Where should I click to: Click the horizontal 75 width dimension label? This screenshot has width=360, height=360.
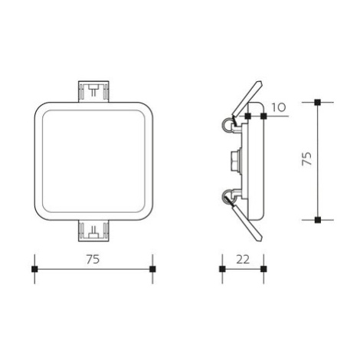click(93, 260)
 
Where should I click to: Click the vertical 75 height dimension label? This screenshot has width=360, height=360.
click(307, 159)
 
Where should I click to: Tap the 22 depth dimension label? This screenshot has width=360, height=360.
click(243, 260)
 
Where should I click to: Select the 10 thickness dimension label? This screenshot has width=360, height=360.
click(278, 107)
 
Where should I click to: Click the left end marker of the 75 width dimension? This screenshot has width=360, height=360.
click(34, 269)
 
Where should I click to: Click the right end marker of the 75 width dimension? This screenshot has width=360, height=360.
click(152, 269)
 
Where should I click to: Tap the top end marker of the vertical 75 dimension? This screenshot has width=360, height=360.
click(318, 102)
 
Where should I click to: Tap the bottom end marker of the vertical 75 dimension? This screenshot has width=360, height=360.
click(318, 220)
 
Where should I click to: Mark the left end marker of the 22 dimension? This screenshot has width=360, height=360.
click(222, 269)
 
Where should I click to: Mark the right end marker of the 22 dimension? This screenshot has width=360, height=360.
click(263, 269)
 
